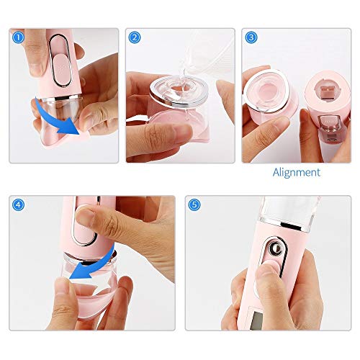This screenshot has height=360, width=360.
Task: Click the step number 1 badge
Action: (17, 36)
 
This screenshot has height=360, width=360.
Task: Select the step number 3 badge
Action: (251, 36)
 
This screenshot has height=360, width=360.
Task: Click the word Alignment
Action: (297, 172)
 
